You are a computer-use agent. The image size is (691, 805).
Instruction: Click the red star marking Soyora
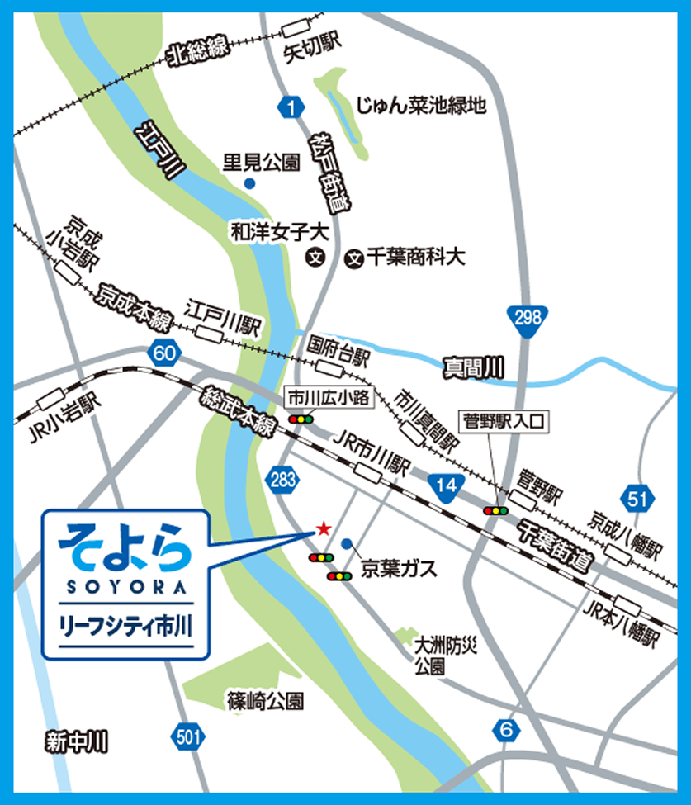pos(323,527)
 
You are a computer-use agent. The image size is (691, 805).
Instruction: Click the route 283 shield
pos(282,480)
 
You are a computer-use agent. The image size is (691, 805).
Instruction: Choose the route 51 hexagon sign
pos(637,498)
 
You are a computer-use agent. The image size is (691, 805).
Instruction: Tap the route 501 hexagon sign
pos(189,736)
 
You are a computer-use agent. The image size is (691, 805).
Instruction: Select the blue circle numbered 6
pos(507,730)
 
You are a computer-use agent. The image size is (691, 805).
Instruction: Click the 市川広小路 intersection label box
pos(328,398)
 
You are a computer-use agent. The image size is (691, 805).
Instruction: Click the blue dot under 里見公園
pos(249,183)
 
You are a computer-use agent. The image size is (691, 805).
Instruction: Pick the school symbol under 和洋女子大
pos(315,258)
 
